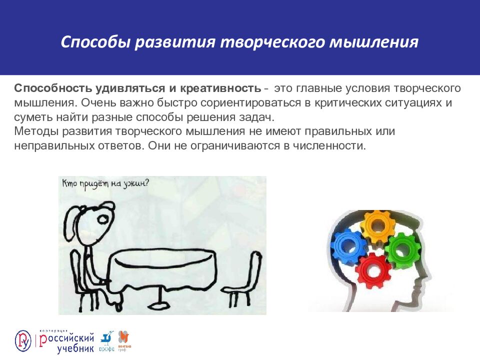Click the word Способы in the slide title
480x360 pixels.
94,42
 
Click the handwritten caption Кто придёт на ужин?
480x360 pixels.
105,183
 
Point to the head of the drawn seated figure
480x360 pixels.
106,216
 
